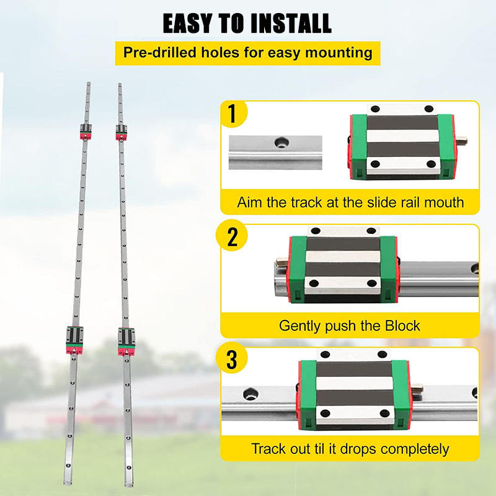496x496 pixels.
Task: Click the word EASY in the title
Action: (x=190, y=23)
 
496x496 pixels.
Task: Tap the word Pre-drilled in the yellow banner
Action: (x=154, y=52)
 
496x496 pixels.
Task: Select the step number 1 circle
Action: (x=232, y=114)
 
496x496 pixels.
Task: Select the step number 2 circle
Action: (x=232, y=236)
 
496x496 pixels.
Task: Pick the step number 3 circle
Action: (x=232, y=359)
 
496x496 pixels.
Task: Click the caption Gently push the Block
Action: (x=349, y=325)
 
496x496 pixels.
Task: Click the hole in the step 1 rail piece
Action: (x=281, y=143)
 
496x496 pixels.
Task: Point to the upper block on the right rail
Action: (x=122, y=131)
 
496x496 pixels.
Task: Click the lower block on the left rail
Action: (x=73, y=339)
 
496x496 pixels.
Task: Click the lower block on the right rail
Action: (x=128, y=339)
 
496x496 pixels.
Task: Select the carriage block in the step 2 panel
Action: (x=342, y=268)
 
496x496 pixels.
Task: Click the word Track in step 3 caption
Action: (x=267, y=448)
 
